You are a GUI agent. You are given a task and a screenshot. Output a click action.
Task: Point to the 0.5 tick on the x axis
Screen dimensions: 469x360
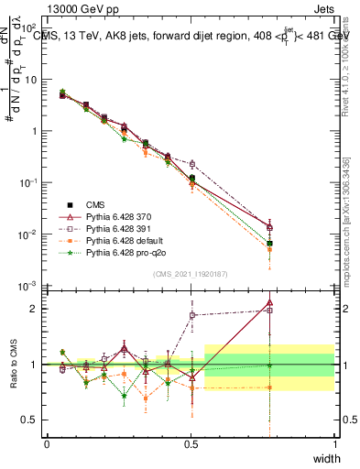tap(191, 443)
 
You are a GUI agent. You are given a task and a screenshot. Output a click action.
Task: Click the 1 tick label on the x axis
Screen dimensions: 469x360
tap(335, 443)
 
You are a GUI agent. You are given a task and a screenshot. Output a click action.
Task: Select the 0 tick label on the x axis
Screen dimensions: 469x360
tap(47, 443)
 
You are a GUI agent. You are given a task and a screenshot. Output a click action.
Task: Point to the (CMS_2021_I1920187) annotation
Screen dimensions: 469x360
tap(191, 274)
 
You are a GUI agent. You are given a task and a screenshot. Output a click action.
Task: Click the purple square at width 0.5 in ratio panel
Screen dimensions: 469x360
tap(191, 315)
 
